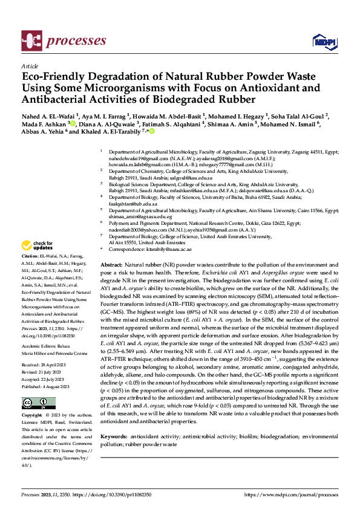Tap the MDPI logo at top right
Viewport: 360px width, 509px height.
click(x=322, y=41)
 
